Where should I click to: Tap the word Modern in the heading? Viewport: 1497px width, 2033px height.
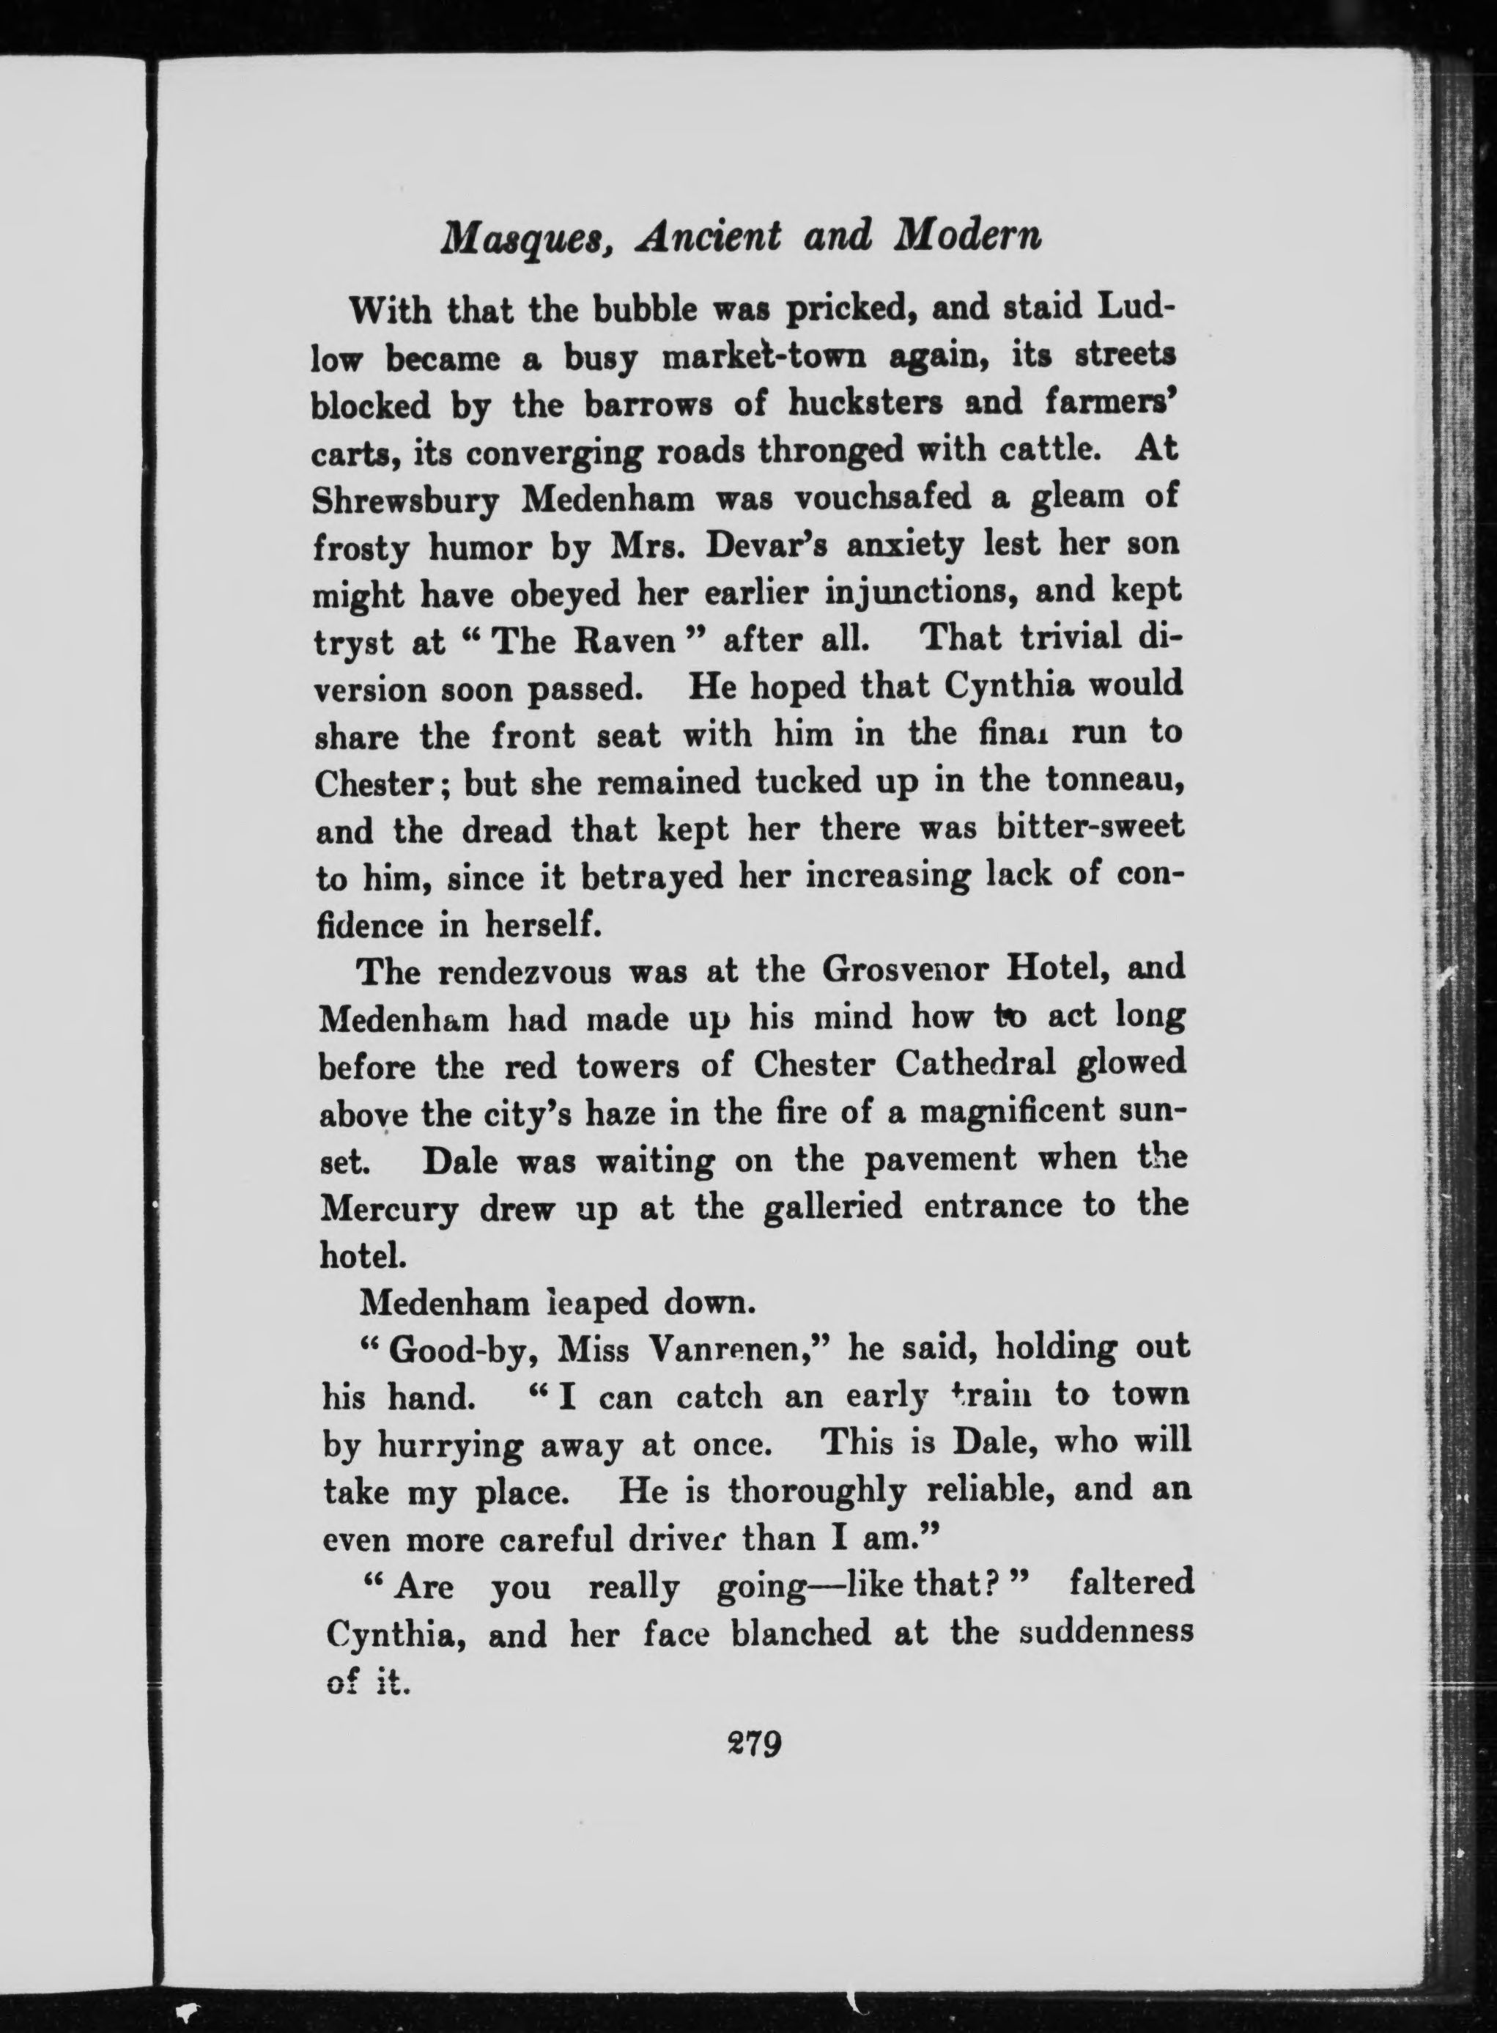(968, 237)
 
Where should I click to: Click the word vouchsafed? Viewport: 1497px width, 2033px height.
(895, 497)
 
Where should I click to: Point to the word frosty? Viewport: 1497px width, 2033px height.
(361, 547)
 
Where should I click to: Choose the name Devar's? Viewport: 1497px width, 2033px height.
(777, 545)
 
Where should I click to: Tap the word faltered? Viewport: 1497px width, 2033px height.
(1132, 1584)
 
